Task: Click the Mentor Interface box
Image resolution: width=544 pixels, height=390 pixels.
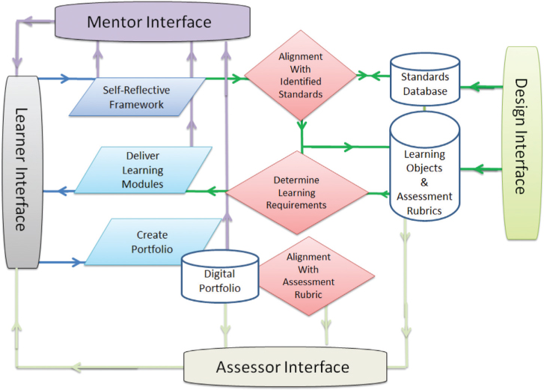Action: click(x=150, y=22)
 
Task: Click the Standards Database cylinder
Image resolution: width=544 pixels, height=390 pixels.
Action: click(x=424, y=84)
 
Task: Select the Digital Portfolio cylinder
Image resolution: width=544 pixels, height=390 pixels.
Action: click(x=220, y=275)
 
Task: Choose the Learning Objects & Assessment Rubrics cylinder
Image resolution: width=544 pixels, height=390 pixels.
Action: click(x=424, y=175)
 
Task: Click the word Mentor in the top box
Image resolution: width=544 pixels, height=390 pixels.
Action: click(x=114, y=22)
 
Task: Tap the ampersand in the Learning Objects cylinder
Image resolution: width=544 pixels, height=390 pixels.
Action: click(x=424, y=182)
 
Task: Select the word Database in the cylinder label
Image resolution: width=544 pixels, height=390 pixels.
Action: click(x=424, y=91)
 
